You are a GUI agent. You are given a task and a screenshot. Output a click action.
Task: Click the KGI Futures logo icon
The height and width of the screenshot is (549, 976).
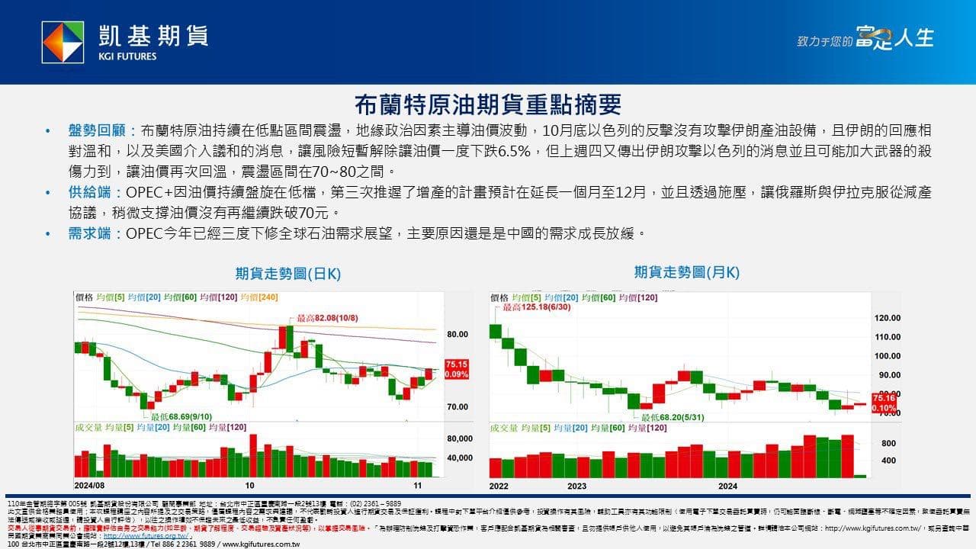pos(63,42)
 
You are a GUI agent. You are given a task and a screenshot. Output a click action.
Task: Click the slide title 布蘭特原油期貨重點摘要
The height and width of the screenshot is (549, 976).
pos(489,104)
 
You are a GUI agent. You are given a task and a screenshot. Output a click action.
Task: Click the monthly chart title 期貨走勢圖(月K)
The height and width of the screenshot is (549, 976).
pos(686,272)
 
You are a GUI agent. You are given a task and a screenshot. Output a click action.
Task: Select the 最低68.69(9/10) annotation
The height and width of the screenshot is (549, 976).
pos(181,417)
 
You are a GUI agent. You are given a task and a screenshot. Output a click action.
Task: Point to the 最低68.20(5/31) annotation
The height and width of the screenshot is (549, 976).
pos(670,418)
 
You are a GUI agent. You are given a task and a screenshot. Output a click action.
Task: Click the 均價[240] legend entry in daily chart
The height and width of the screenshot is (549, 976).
pos(259,297)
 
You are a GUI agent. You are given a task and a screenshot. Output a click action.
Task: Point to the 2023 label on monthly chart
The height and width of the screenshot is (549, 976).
pos(576,486)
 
